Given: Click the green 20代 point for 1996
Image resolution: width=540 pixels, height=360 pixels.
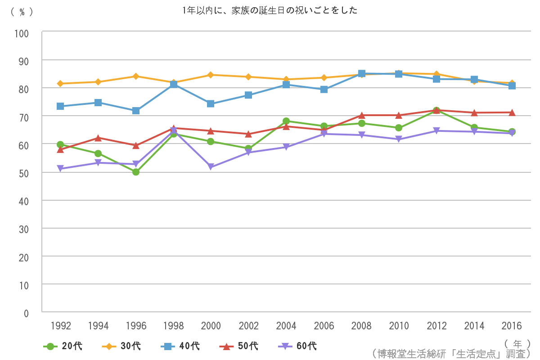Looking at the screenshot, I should [135, 172].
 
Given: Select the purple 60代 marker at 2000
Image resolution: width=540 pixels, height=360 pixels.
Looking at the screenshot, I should [211, 167].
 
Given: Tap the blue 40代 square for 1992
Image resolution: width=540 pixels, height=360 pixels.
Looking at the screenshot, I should [60, 106].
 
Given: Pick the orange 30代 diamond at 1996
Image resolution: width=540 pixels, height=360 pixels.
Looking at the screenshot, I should [135, 76].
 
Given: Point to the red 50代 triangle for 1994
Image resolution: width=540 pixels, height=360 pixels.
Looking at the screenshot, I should [98, 138].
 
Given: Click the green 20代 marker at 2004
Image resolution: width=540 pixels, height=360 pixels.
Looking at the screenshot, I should [286, 121].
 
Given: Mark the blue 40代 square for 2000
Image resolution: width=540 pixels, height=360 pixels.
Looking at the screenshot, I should [211, 103].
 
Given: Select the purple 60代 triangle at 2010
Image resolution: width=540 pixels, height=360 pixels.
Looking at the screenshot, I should [399, 139].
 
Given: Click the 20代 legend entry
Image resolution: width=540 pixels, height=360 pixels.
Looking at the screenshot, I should [63, 346].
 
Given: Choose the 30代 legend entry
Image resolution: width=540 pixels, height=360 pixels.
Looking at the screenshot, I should [121, 346].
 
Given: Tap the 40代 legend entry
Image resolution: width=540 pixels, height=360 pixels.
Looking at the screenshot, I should [180, 346].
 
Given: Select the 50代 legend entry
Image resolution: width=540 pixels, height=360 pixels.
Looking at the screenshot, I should [239, 346].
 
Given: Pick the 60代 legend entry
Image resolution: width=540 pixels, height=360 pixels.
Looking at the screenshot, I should [297, 346].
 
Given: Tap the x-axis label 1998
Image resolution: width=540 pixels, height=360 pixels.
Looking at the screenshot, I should [173, 326].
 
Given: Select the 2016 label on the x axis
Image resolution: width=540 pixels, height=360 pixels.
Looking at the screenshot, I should [512, 326].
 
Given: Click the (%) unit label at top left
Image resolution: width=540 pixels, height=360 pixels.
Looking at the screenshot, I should [22, 12].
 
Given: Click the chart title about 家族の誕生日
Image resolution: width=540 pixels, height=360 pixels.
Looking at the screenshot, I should [270, 10].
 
